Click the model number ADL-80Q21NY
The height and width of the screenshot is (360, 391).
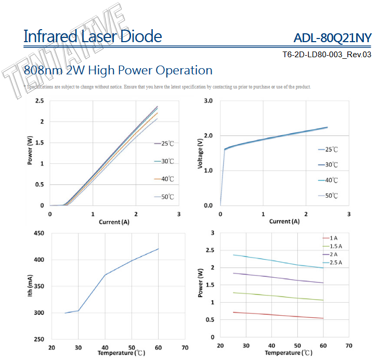coord(332,38)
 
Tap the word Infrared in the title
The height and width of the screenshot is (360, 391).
coord(49,36)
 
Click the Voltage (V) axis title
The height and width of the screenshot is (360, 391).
coord(200,153)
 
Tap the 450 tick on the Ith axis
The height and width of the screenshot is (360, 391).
coord(38,233)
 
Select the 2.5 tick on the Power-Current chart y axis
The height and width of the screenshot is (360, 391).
coord(40,100)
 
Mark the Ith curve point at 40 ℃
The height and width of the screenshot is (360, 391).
coord(105,275)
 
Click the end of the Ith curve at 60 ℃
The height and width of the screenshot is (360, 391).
coord(159,249)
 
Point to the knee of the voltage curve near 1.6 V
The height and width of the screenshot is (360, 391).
coord(225,149)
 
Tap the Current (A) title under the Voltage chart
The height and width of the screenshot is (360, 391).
coord(284,221)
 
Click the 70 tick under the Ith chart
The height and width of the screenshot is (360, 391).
coord(185,348)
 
